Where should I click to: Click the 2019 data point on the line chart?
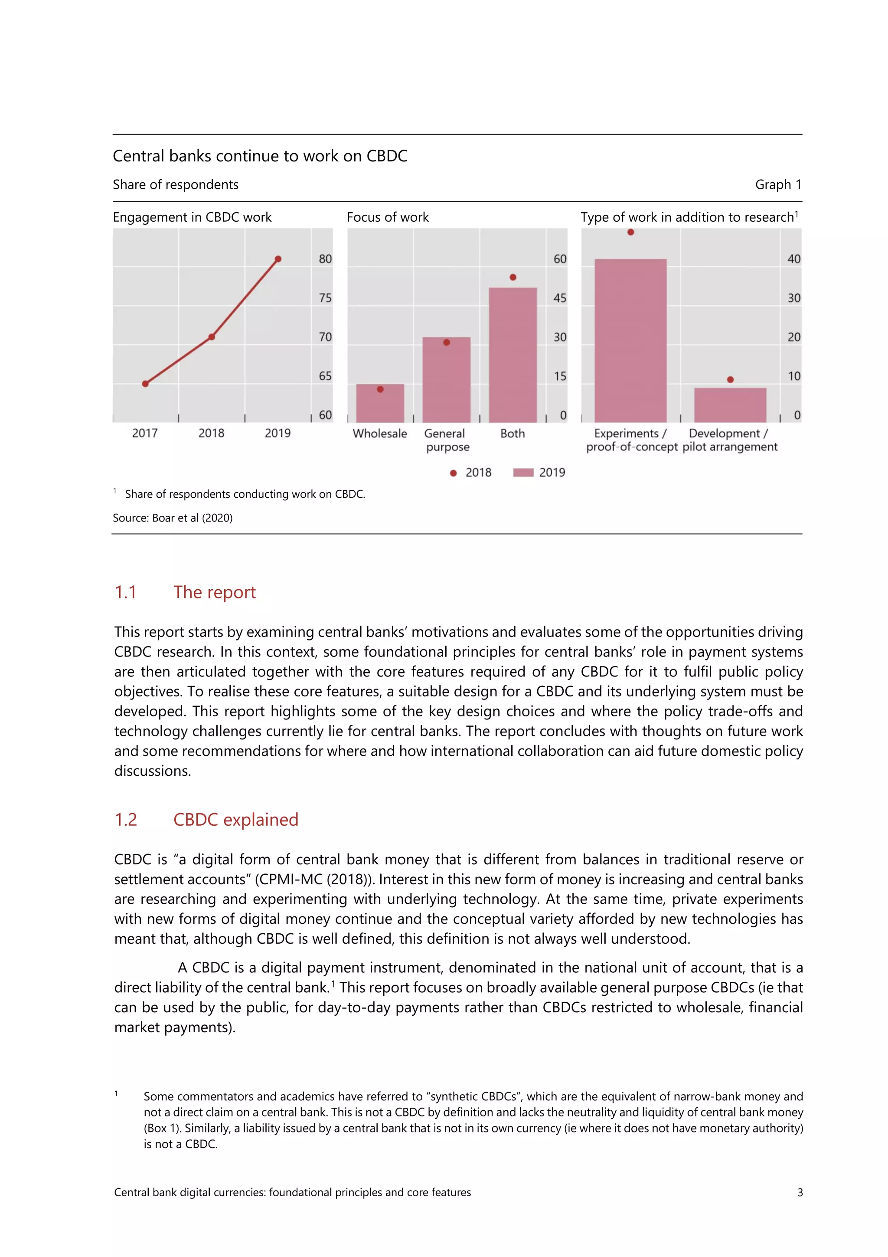(278, 259)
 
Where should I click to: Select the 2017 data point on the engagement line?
(145, 384)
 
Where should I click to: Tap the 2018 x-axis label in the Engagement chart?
(211, 433)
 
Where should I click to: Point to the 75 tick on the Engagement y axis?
(325, 298)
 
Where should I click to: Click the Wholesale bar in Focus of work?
(380, 404)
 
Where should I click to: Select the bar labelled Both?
(512, 356)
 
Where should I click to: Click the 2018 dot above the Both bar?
(513, 278)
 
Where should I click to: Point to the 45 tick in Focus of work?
(559, 298)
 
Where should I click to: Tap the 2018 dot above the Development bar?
(730, 379)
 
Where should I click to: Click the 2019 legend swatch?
(522, 473)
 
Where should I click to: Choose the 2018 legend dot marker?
(453, 473)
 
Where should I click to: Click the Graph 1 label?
(777, 184)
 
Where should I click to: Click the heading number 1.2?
(126, 820)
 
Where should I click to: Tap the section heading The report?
(215, 592)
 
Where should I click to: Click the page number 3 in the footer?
(800, 1192)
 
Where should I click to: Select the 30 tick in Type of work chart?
(793, 298)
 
